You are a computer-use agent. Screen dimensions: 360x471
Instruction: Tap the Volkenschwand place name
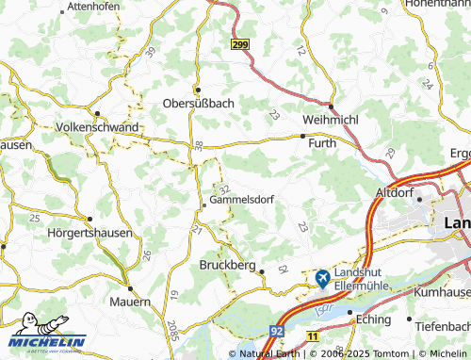coord(98,126)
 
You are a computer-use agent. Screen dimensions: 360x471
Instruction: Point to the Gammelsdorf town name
coord(241,200)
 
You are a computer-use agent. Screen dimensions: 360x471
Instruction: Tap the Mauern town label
coord(129,302)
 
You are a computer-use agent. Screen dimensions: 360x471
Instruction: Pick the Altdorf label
coord(395,191)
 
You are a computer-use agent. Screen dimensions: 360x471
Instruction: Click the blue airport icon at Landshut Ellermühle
coord(322,278)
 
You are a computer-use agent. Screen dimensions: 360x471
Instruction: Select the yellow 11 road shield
coord(313,335)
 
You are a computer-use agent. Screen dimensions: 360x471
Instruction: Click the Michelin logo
coord(48,341)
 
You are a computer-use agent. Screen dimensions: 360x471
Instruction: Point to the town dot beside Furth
coord(301,137)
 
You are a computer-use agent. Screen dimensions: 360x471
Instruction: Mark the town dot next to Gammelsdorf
coord(204,200)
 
